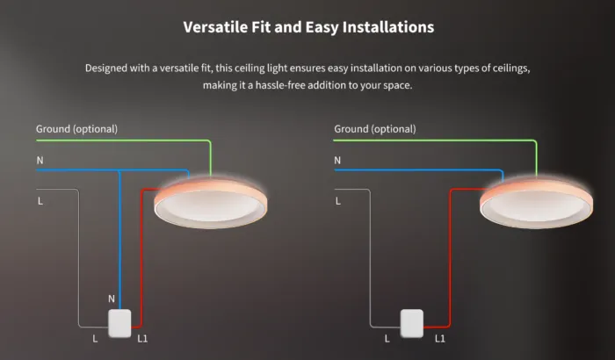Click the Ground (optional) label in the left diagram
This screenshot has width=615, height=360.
[77, 129]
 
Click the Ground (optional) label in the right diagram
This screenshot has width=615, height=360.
[375, 129]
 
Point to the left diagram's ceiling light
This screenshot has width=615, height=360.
[211, 203]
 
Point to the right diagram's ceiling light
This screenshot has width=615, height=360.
[537, 203]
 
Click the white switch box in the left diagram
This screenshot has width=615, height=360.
[119, 323]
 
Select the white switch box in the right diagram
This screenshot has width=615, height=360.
[412, 323]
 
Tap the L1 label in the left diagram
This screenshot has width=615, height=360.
[142, 338]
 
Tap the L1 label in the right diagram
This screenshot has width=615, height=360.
[440, 338]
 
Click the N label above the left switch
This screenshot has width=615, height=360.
[112, 299]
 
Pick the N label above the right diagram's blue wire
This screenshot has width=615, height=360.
[337, 161]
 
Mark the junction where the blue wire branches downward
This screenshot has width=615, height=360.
[119, 170]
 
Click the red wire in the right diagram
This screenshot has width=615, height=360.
[450, 259]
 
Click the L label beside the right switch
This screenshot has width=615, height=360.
[387, 338]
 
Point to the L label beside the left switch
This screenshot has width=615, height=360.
[95, 338]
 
